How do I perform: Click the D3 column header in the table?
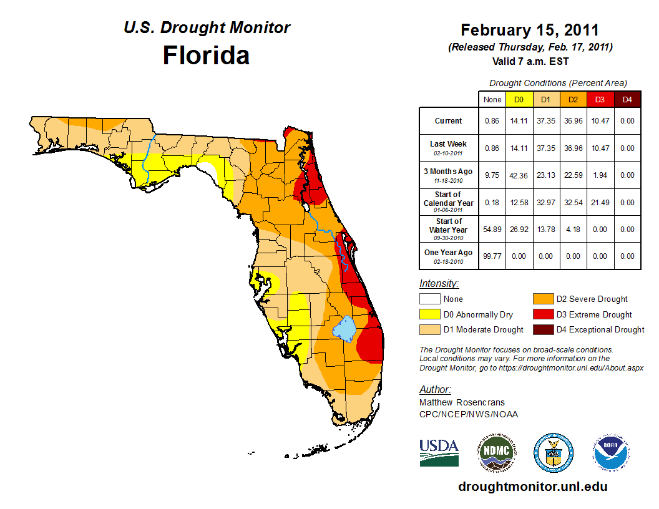click(x=599, y=99)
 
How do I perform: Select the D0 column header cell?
click(x=519, y=99)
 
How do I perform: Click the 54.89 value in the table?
click(x=492, y=230)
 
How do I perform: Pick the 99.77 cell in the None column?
click(x=492, y=256)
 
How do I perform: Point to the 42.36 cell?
click(x=519, y=175)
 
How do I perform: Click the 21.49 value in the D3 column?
click(x=599, y=203)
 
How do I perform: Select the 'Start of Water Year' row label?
click(x=449, y=229)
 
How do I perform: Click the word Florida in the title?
click(x=206, y=56)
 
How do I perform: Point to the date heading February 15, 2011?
click(x=530, y=30)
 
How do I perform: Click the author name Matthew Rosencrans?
click(x=462, y=402)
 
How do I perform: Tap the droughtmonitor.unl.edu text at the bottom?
click(x=532, y=487)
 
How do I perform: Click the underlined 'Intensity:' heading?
click(x=439, y=283)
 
